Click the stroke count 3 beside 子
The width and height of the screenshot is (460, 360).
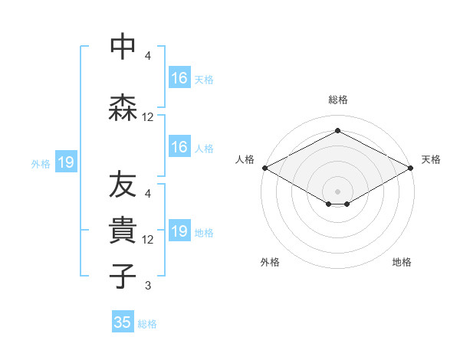point(148,286)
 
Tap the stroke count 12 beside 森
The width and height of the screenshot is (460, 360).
point(148,117)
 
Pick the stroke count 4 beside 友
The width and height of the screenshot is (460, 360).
point(148,193)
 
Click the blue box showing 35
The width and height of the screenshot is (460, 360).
point(123,322)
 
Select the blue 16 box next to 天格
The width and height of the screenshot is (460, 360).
point(179,78)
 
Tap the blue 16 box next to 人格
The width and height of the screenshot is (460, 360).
point(179,147)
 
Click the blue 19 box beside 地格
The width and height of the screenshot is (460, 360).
point(179,231)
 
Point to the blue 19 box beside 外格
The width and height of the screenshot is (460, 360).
point(66,162)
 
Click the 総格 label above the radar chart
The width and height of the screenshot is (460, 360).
point(337,100)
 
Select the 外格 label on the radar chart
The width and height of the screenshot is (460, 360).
point(270,262)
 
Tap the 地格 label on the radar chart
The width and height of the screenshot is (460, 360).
point(402,262)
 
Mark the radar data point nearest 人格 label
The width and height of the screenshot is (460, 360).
point(264,168)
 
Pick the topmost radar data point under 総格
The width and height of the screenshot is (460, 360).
point(337,130)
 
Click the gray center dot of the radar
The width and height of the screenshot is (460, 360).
point(337,190)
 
